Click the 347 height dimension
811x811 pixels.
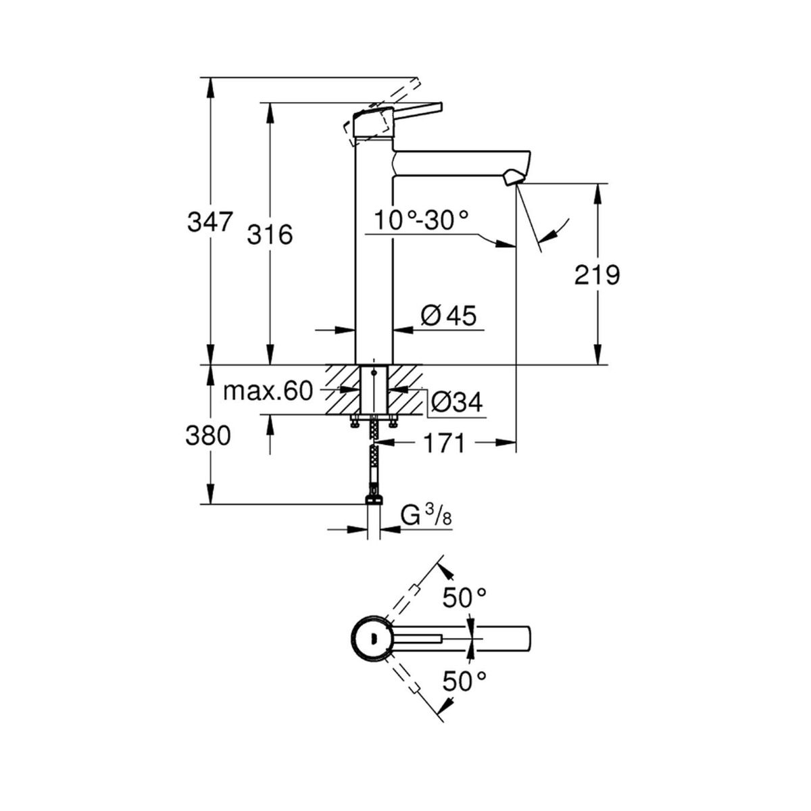point(210,222)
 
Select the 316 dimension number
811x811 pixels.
point(270,235)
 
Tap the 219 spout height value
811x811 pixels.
point(597,275)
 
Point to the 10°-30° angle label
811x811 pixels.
point(421,220)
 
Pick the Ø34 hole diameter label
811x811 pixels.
point(457,402)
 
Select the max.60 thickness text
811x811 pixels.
point(268,391)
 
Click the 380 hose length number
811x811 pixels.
point(208,436)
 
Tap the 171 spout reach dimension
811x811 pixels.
point(443,443)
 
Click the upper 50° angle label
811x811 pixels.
point(464,597)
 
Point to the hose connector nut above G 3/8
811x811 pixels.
point(374,499)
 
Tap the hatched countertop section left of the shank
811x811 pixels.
point(342,389)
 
